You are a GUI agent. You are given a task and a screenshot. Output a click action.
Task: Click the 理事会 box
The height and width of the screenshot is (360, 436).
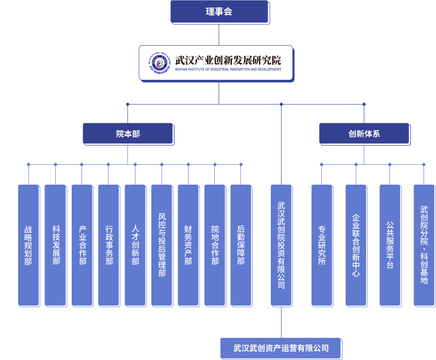pos(219,12)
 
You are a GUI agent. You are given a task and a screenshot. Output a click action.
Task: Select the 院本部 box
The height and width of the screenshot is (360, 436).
pos(127,133)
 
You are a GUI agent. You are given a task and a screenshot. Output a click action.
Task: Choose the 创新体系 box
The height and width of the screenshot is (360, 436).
pos(364,133)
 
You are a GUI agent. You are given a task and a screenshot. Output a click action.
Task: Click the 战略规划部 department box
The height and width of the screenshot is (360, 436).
pos(28,245)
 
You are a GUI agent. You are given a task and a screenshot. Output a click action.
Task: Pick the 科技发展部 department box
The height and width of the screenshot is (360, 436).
pos(55,245)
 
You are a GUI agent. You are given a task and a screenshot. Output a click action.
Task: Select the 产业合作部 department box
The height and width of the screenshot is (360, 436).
pos(82,245)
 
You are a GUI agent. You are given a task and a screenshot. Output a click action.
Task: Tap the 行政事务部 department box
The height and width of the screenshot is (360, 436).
pos(108,245)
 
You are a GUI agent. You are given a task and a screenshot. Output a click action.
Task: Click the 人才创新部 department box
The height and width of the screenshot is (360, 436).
pos(135,245)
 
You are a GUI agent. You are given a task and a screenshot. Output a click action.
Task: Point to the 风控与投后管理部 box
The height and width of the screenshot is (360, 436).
pos(162,245)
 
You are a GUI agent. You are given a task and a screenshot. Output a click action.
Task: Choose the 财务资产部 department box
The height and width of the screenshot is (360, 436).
pos(188,245)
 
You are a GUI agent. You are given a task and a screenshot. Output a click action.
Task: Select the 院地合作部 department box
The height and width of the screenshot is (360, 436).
pos(215,245)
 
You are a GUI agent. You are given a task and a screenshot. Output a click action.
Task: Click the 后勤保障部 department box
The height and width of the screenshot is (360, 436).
pos(241,245)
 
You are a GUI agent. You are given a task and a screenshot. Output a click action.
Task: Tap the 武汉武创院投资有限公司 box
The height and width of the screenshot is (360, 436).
pos(281,245)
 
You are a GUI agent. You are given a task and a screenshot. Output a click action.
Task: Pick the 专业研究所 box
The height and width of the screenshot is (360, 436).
pos(322,245)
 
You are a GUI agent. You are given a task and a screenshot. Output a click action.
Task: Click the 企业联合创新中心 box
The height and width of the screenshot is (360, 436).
pos(356,245)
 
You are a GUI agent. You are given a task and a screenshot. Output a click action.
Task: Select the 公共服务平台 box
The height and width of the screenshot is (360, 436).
pos(390,245)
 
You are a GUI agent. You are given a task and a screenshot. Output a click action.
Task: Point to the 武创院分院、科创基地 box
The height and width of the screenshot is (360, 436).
pos(424,245)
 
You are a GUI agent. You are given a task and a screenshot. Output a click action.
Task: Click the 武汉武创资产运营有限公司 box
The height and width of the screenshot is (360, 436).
pos(281,348)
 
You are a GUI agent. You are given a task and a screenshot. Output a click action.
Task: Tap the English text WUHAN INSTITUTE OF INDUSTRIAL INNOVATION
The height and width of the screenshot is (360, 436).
pos(228,70)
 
